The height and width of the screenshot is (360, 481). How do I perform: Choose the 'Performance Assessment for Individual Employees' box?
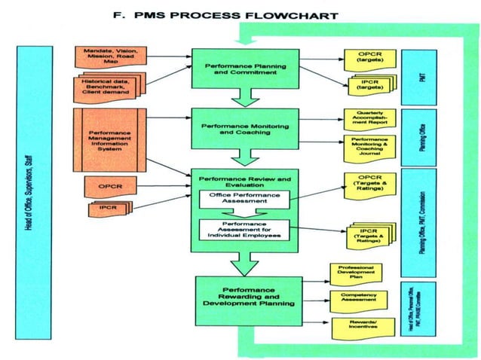[245, 230]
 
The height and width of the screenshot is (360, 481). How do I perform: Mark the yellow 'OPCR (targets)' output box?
[369, 58]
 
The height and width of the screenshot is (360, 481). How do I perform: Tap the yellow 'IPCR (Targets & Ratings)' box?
[369, 233]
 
